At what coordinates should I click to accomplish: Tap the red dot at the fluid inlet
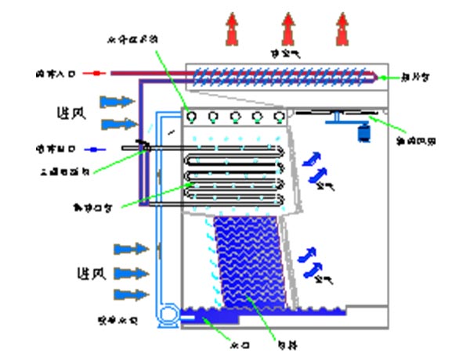[96, 74]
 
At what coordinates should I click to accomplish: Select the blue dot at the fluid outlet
[93, 147]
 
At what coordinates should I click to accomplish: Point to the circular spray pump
[167, 315]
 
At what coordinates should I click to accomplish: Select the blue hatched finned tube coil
[282, 75]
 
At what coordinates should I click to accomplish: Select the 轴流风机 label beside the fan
[416, 141]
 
